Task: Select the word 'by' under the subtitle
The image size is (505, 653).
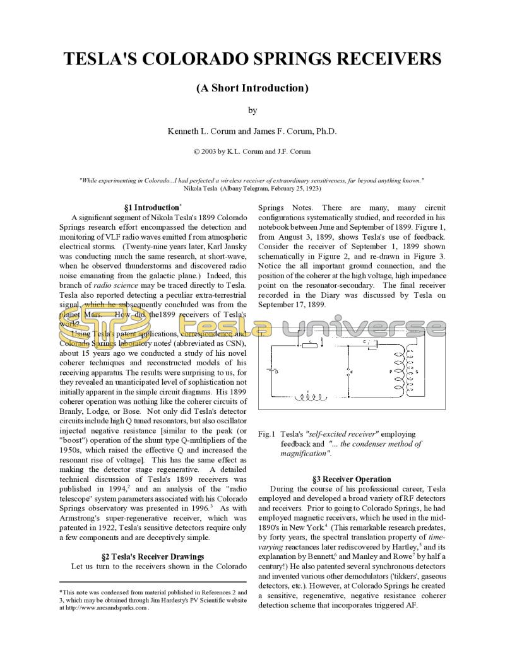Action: (252, 110)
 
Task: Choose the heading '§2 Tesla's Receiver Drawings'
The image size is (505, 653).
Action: (153, 556)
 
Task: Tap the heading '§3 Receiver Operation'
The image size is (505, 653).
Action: (352, 479)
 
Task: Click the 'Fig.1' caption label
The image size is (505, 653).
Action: (267, 434)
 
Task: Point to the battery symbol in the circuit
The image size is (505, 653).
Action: (272, 373)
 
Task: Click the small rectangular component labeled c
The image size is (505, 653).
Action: (308, 344)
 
